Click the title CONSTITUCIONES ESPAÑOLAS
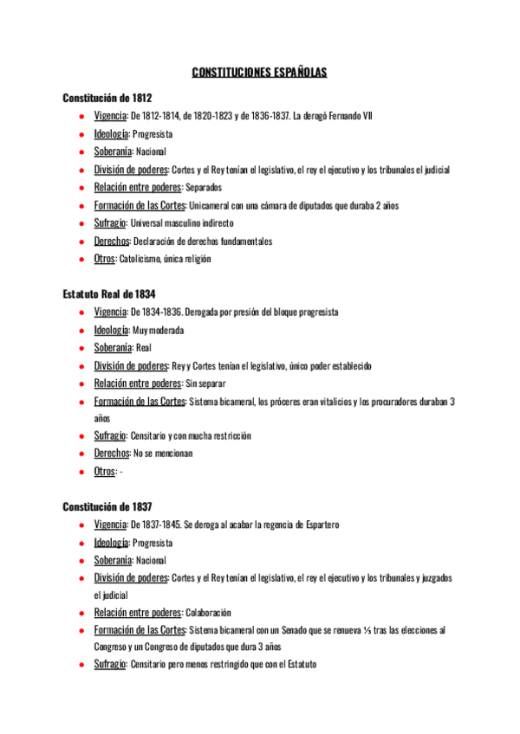click(259, 74)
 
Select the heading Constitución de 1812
click(107, 98)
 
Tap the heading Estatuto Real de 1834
click(109, 294)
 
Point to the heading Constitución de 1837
click(107, 506)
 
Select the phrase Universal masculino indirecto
click(181, 223)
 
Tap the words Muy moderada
click(158, 330)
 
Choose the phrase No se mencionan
click(163, 454)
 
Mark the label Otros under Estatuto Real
click(105, 472)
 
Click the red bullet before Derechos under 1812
click(80, 241)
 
